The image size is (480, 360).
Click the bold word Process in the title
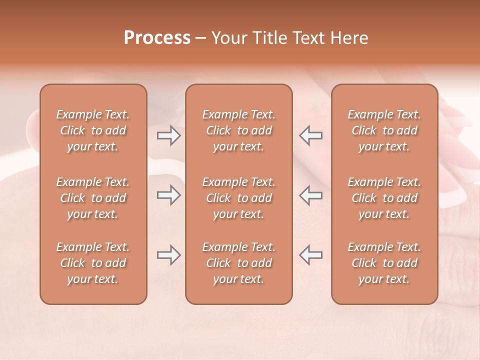pos(157,38)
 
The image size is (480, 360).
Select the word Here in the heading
pos(350,38)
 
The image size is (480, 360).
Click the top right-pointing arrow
pos(169,135)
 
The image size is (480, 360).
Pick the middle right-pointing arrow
pos(169,195)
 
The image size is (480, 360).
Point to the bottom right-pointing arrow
pos(169,255)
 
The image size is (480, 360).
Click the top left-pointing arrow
pos(311,135)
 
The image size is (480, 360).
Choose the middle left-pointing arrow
pos(311,195)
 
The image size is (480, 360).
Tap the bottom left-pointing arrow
pos(311,255)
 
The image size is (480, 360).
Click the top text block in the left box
pos(93,130)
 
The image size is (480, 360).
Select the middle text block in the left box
pos(93,198)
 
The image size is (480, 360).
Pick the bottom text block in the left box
pos(93,263)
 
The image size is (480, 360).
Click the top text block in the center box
pos(238,130)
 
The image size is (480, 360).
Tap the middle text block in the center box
pos(238,198)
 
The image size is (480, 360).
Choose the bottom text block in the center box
pos(238,263)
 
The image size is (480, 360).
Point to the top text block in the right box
pos(384,130)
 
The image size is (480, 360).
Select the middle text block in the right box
pos(384,198)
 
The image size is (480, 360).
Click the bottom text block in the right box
pos(384,263)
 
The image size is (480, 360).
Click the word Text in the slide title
pos(310,38)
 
